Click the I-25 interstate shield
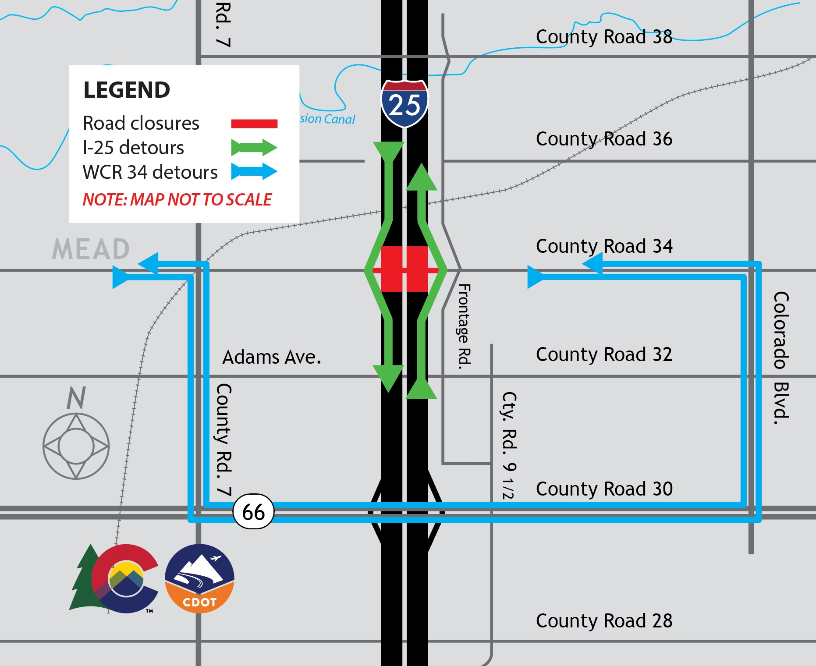404,104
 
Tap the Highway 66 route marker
253,512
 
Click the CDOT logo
199,578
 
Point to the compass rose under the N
76,446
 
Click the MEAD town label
91,249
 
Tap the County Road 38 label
604,37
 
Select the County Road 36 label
604,139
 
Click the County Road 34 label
604,246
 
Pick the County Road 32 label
604,354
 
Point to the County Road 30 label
604,489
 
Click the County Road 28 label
604,621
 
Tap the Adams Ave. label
272,357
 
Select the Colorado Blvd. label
781,358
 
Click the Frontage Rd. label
464,326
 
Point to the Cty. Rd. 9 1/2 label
509,445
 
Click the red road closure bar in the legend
254,124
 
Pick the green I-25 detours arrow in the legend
254,148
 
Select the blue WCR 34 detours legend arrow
254,171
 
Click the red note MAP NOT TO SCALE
177,200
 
